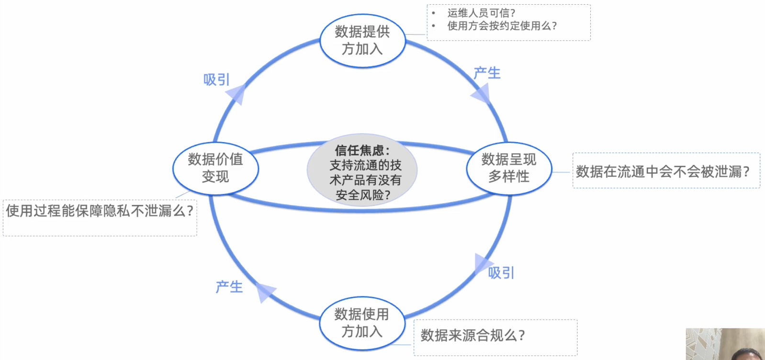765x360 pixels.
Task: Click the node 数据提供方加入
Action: coord(362,41)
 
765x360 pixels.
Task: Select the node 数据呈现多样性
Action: coord(509,168)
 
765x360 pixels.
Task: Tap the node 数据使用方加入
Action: coord(362,323)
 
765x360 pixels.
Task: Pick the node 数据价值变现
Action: coord(215,168)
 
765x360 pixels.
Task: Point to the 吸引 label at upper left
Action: coord(216,79)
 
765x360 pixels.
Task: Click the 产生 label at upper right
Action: coord(487,73)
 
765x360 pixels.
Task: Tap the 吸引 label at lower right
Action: coord(501,273)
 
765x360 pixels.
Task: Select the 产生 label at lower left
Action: coord(229,287)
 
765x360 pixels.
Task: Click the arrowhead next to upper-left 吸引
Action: coord(236,94)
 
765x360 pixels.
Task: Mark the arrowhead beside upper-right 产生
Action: coord(482,95)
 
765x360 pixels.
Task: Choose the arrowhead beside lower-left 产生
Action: coord(265,291)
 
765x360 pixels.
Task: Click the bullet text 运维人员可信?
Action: coord(481,13)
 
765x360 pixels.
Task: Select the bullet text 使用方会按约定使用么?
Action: coord(502,26)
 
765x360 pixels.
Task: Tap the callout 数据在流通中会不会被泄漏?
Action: coord(663,171)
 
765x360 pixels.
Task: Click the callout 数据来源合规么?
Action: coord(472,335)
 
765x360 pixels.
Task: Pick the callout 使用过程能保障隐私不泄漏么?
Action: coord(100,211)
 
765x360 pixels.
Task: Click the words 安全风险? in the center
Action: coord(362,195)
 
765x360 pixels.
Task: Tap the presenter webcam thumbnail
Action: coord(725,344)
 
